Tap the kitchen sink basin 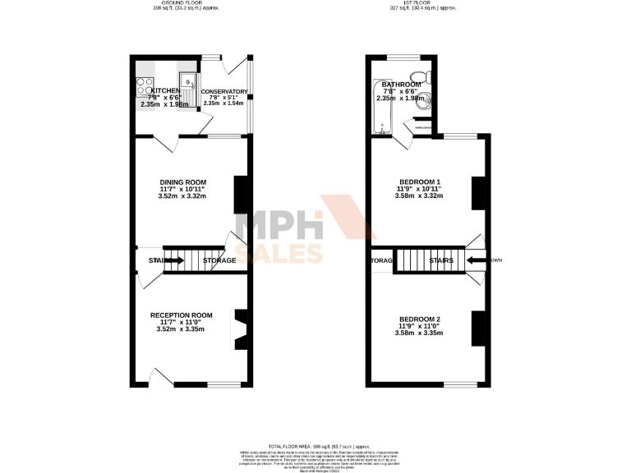(189, 82)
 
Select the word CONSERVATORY (224, 92)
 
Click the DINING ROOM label (183, 181)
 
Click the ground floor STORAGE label (219, 260)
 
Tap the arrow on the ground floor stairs (174, 260)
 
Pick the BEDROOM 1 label (420, 181)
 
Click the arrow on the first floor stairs (477, 260)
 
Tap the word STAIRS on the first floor (442, 260)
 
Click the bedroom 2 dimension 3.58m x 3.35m (420, 333)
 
